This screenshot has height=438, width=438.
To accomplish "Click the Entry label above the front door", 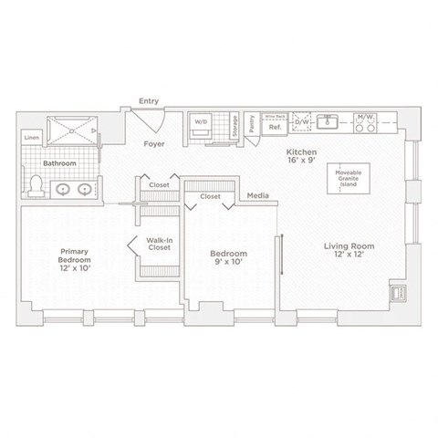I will [x=148, y=101].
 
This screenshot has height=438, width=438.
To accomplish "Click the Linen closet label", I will [x=32, y=138].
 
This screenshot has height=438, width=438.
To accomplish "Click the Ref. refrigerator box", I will [x=273, y=128].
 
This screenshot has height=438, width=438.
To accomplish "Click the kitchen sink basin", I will [x=333, y=122].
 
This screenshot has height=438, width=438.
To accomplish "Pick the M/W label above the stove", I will [x=367, y=117].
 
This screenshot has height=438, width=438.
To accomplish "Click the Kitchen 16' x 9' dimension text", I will [x=300, y=156].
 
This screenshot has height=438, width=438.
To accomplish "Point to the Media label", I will [x=257, y=195].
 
